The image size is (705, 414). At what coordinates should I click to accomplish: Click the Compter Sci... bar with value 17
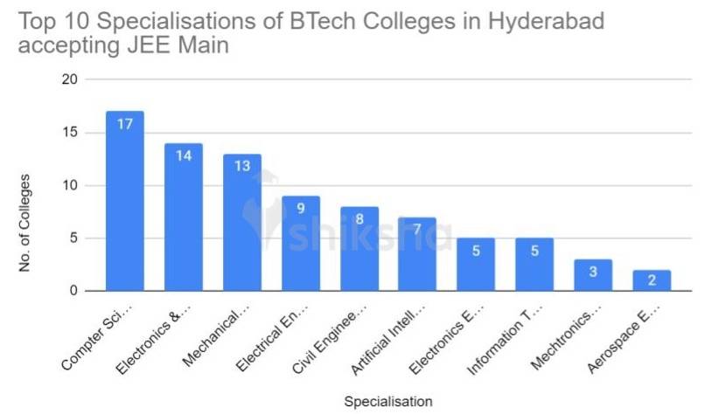[125, 201]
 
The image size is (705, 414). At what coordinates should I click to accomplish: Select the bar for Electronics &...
[184, 217]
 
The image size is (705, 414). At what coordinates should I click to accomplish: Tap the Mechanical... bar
[242, 223]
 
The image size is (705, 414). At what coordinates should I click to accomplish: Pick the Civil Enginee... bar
[359, 249]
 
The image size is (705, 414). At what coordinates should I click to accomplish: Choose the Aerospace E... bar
[652, 280]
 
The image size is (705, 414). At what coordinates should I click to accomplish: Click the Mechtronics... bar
[593, 275]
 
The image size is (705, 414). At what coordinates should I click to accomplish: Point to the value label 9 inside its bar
[301, 209]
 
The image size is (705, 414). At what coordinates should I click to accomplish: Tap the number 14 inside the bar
[184, 155]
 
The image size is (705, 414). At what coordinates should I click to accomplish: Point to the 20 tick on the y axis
[69, 79]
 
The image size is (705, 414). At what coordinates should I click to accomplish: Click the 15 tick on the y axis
[69, 133]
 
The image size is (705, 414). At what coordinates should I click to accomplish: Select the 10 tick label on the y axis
[69, 185]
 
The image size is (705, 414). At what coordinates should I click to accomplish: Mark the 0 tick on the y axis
[73, 291]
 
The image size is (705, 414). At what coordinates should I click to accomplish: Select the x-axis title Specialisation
[387, 402]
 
